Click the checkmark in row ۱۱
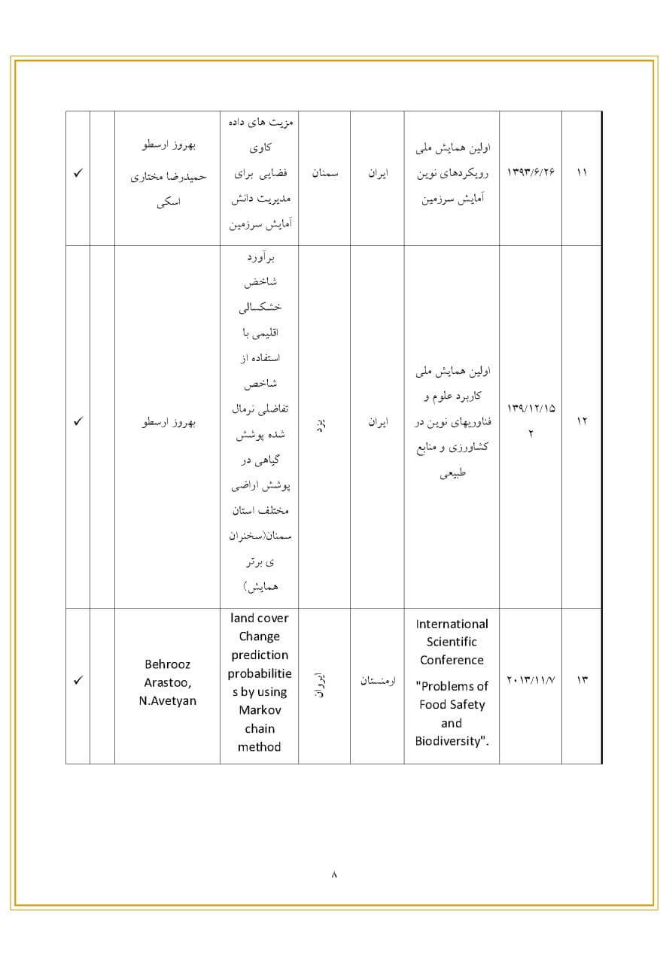click(x=78, y=173)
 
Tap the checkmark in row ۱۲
click(x=78, y=421)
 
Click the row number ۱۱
click(x=582, y=173)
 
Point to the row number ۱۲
click(x=582, y=421)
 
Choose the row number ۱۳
click(x=582, y=681)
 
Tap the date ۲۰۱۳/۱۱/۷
click(x=530, y=681)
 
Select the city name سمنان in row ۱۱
click(x=325, y=173)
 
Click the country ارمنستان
click(x=378, y=681)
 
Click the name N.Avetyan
click(x=167, y=701)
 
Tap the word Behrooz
click(x=167, y=664)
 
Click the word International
click(x=452, y=624)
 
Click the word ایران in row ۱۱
click(x=377, y=173)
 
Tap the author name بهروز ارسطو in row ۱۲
click(x=168, y=421)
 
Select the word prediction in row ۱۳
click(x=259, y=655)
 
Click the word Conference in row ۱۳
click(x=452, y=660)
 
